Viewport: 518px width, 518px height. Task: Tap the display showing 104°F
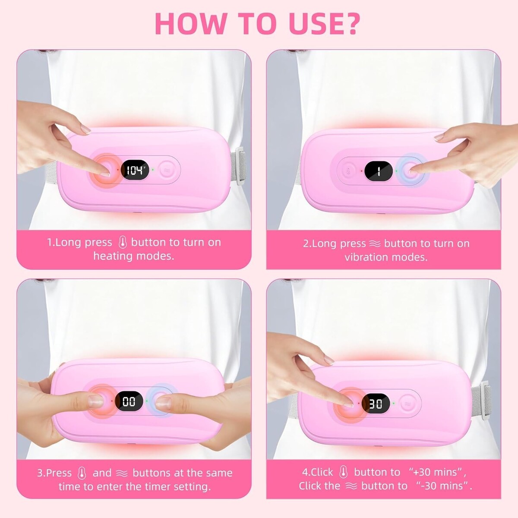(x=135, y=171)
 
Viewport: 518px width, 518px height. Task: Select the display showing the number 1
(x=379, y=171)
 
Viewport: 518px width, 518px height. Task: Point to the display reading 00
(x=129, y=401)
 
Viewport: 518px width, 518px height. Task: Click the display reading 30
(x=376, y=404)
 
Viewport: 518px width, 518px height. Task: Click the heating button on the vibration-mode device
(x=348, y=171)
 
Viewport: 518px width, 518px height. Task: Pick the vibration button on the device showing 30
(x=407, y=403)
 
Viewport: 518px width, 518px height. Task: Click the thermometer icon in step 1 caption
(x=123, y=243)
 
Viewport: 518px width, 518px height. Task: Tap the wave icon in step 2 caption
(x=375, y=244)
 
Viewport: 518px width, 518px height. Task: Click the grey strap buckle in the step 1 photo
(x=239, y=167)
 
